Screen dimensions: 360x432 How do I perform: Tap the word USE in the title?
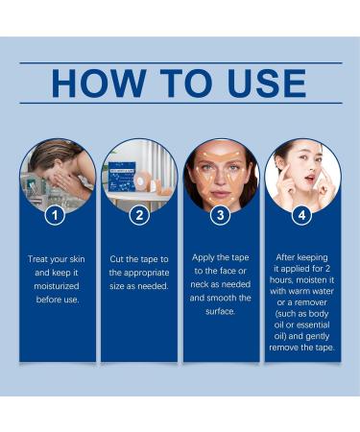[267, 84]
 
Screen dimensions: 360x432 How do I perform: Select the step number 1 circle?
[55, 215]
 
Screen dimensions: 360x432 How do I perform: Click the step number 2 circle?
[139, 215]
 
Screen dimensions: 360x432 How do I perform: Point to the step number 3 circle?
[221, 215]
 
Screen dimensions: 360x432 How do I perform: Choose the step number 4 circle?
[302, 215]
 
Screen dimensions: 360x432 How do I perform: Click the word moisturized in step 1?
[57, 286]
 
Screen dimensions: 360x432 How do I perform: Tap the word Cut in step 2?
[117, 259]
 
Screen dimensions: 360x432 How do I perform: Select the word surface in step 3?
[220, 311]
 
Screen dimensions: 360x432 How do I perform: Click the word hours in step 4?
[281, 280]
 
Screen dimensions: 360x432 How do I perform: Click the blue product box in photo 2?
[122, 179]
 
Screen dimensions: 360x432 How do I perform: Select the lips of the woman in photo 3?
[220, 194]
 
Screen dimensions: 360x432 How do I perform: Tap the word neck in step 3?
[200, 284]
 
